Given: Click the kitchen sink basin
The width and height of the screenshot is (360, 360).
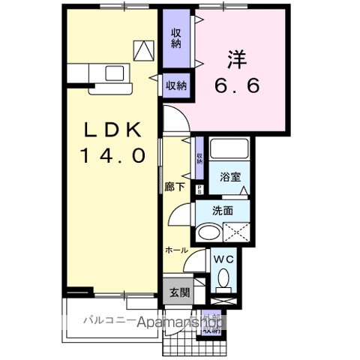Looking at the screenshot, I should [115, 73].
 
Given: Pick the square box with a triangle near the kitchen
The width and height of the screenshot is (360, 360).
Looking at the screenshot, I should [142, 50].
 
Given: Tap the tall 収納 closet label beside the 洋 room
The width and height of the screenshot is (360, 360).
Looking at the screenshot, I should [176, 38].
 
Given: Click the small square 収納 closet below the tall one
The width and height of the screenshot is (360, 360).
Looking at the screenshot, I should [176, 85].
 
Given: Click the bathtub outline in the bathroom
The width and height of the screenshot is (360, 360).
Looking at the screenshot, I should [229, 150].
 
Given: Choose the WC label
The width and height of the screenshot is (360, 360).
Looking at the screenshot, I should [223, 259].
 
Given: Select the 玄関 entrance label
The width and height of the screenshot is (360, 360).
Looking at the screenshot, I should [176, 292].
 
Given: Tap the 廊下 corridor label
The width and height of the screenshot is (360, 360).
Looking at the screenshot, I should [173, 188].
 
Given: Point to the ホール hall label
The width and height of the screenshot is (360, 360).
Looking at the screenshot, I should [177, 248].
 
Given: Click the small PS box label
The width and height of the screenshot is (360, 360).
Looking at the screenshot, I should [199, 189].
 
